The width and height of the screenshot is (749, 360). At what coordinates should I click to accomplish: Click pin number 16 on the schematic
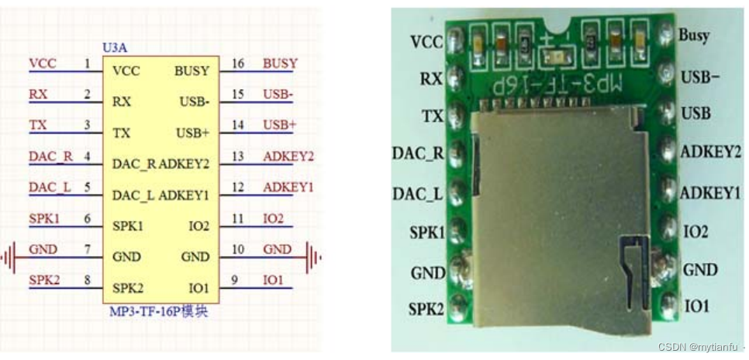pyautogui.click(x=238, y=63)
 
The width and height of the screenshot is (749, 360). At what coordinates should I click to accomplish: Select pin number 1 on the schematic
pyautogui.click(x=88, y=63)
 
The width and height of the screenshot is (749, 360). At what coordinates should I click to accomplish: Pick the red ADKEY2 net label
pyautogui.click(x=288, y=156)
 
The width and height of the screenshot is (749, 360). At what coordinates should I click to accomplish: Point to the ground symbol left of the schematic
pyautogui.click(x=8, y=257)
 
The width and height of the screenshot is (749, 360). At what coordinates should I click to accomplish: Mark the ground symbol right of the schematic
pyautogui.click(x=314, y=257)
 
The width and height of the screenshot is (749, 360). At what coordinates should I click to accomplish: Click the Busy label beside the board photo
pyautogui.click(x=693, y=36)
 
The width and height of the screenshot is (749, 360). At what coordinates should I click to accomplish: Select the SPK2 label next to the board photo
pyautogui.click(x=426, y=309)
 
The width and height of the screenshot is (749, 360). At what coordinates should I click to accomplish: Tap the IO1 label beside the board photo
pyautogui.click(x=696, y=306)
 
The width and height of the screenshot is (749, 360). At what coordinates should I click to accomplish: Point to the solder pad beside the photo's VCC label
pyautogui.click(x=455, y=36)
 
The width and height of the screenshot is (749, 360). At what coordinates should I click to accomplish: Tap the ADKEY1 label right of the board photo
pyautogui.click(x=709, y=192)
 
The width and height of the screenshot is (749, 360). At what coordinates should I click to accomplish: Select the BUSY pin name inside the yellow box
pyautogui.click(x=192, y=71)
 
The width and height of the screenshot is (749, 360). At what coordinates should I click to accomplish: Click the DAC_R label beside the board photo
pyautogui.click(x=418, y=152)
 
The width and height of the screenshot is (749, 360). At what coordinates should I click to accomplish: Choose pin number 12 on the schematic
pyautogui.click(x=238, y=187)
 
